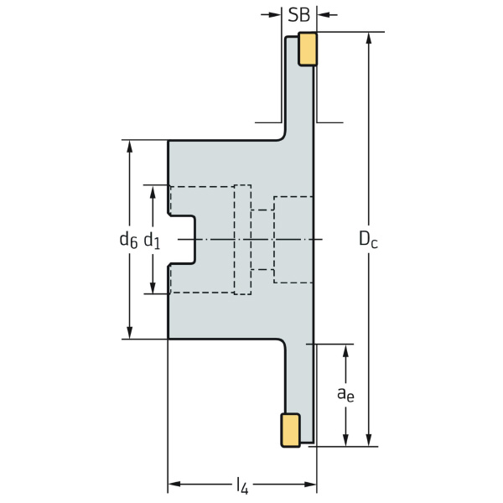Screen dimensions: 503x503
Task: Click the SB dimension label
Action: [x=299, y=15]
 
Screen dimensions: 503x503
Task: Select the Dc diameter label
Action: [x=368, y=239]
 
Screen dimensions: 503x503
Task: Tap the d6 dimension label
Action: [x=128, y=240]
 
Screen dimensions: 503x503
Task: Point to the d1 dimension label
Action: [x=152, y=241]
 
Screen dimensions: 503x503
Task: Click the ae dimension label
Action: [x=345, y=394]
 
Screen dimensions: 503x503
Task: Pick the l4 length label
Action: [x=242, y=485]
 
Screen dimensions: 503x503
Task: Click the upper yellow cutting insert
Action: [x=308, y=49]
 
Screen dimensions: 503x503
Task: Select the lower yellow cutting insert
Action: [x=291, y=430]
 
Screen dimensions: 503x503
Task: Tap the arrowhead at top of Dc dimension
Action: [x=369, y=38]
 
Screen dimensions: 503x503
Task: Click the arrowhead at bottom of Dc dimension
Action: [x=369, y=440]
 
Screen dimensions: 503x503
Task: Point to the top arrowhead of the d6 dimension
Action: [x=130, y=146]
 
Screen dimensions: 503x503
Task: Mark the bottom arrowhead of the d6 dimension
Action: [x=130, y=333]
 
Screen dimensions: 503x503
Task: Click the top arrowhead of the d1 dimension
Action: [x=153, y=191]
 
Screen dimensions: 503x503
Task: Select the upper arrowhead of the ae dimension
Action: [x=345, y=350]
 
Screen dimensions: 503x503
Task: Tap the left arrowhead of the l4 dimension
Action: [x=174, y=484]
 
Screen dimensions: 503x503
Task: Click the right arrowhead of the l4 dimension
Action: [x=310, y=484]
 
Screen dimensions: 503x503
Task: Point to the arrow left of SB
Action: [x=271, y=14]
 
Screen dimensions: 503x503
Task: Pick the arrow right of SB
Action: [x=327, y=14]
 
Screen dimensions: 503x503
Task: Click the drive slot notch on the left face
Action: [x=182, y=240]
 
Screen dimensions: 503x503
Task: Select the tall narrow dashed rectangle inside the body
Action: [x=242, y=240]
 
